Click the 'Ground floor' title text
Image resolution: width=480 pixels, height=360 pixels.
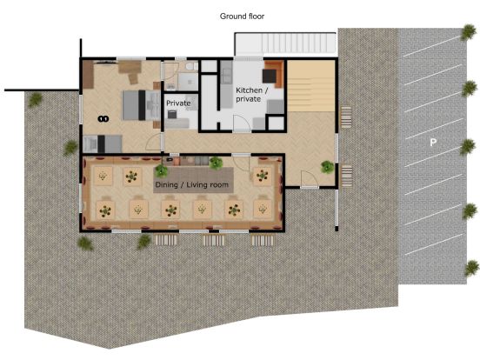242,16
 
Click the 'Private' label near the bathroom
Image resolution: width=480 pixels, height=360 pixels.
178,103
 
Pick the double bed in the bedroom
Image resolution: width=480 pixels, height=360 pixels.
135,104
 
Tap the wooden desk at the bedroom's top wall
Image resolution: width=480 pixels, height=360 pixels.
130,66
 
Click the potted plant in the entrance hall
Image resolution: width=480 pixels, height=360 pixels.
326,166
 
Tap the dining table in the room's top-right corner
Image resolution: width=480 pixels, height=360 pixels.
262,177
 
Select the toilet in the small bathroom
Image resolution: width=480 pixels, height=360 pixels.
190,68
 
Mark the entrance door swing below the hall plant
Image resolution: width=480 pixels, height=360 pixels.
308,180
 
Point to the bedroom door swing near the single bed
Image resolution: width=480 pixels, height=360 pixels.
154,140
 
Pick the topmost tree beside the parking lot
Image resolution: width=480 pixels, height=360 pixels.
469,37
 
